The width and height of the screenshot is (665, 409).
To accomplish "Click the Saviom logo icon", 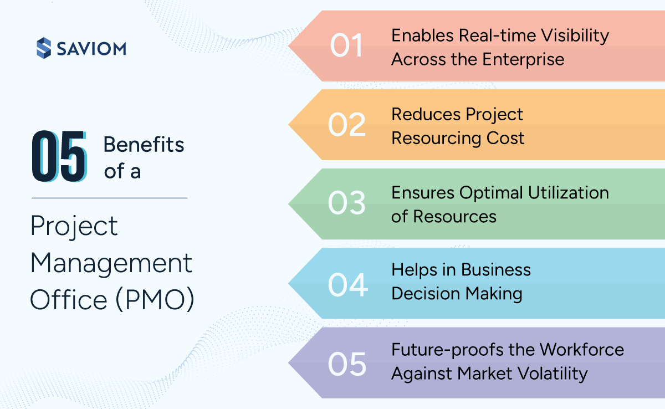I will pyautogui.click(x=43, y=48).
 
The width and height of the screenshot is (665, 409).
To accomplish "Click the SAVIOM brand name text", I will pyautogui.click(x=91, y=49).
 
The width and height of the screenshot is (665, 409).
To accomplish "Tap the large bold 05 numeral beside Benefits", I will pyautogui.click(x=59, y=156).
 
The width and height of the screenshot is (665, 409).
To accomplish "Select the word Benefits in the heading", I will pyautogui.click(x=144, y=145).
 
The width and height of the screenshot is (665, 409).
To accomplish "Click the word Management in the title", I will pyautogui.click(x=111, y=263).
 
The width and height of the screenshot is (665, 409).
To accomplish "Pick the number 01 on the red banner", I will pyautogui.click(x=346, y=46).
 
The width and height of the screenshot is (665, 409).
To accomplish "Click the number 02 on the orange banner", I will pyautogui.click(x=347, y=125).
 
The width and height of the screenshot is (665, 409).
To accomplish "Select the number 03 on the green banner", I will pyautogui.click(x=347, y=204).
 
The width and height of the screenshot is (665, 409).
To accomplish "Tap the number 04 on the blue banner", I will pyautogui.click(x=347, y=284).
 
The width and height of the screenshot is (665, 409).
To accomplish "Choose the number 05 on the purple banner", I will pyautogui.click(x=347, y=363).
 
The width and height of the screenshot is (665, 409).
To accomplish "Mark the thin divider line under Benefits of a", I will pyautogui.click(x=109, y=198).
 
